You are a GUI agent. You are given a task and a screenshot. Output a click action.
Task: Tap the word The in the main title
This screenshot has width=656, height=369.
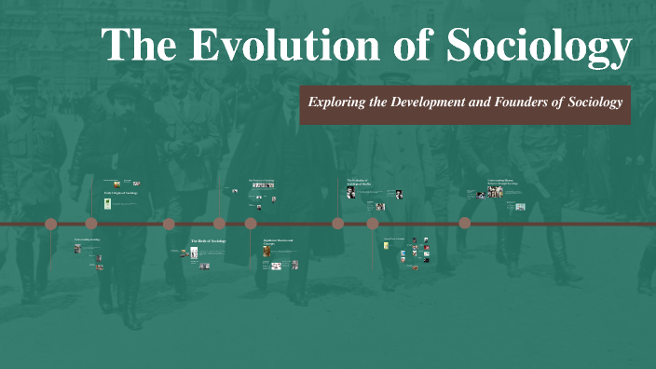(x=133, y=46)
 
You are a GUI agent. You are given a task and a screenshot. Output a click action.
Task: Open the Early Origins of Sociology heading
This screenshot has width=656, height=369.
(x=119, y=193)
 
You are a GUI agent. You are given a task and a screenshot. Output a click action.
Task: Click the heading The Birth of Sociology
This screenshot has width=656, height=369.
(x=208, y=241)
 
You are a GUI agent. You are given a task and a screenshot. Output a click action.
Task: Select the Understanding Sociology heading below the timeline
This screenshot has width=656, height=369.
(x=88, y=239)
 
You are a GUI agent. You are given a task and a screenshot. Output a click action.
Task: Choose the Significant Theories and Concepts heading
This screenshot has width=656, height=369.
(x=278, y=242)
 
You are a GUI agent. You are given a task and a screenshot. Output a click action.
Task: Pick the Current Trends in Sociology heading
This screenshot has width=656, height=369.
(x=395, y=239)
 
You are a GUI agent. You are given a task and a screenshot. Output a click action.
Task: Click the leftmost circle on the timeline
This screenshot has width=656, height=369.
(x=51, y=224)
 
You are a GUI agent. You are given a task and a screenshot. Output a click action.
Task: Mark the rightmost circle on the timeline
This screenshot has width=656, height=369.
(x=465, y=224)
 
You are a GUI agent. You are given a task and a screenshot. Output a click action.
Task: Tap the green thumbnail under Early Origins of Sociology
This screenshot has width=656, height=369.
(x=108, y=203)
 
